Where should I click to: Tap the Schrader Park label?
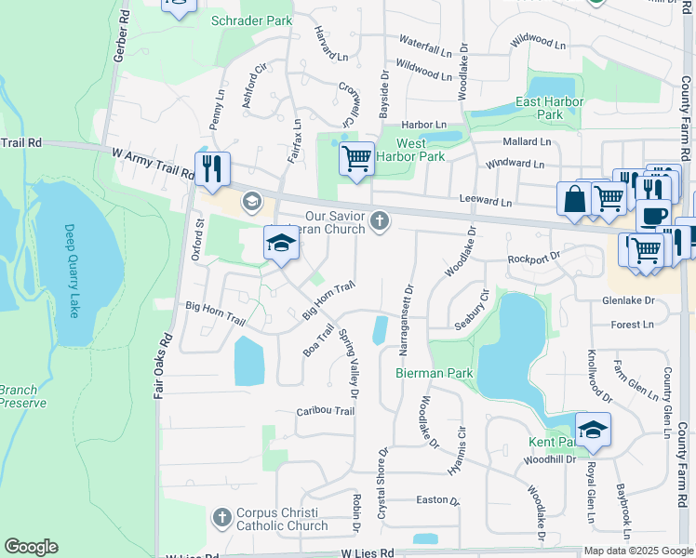[x=251, y=20]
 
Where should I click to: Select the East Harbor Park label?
[x=550, y=108]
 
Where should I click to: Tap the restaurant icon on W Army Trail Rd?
[x=213, y=167]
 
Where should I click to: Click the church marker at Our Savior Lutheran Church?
[x=379, y=220]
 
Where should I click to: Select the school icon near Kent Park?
[x=593, y=430]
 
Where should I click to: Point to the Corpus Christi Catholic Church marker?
[x=222, y=516]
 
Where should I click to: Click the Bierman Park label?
[x=435, y=373]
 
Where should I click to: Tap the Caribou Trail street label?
[x=326, y=411]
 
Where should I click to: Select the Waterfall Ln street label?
[x=432, y=43]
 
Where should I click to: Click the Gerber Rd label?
[x=118, y=37]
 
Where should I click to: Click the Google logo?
[x=32, y=547]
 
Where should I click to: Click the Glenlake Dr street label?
[x=628, y=300]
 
